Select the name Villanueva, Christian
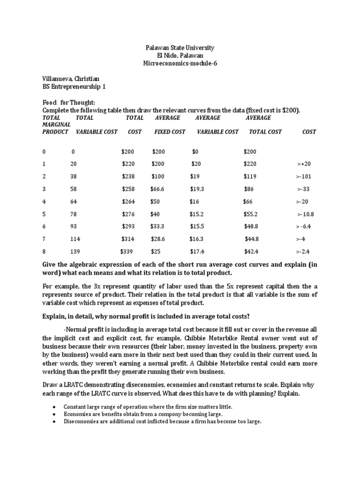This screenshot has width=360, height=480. [x=71, y=79]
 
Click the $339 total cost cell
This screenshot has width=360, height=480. [x=127, y=251]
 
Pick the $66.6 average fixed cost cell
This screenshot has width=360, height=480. [x=159, y=189]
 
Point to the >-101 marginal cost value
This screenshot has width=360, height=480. [x=303, y=177]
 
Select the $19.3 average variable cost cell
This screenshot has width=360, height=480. [x=197, y=189]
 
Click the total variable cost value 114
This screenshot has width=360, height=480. [x=75, y=239]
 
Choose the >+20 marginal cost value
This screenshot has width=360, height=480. [x=304, y=164]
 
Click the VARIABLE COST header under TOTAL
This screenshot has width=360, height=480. [x=97, y=132]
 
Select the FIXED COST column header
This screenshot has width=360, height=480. [x=170, y=132]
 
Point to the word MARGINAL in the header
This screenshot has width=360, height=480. [x=56, y=125]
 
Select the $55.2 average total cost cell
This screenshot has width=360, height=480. [x=251, y=214]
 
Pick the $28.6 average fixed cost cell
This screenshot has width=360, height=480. [x=159, y=239]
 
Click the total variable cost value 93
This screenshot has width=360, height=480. [x=74, y=226]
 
